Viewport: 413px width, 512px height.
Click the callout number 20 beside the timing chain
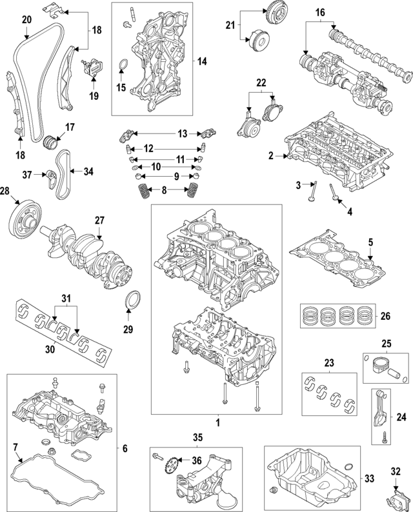(x=26, y=20)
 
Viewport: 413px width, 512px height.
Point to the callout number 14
(x=202, y=62)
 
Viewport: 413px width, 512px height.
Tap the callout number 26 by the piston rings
(x=386, y=316)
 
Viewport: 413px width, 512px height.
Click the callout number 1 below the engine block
(x=217, y=423)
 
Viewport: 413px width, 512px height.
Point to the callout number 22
(x=261, y=82)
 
